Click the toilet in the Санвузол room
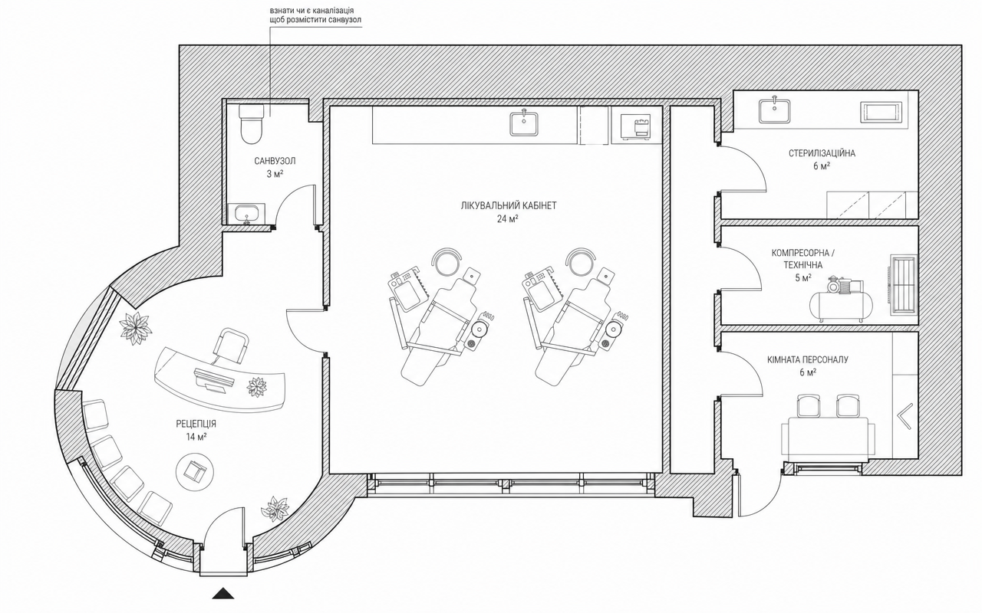[251, 123]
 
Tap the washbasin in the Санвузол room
[248, 213]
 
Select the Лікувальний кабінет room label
[509, 206]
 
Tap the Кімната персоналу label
[808, 360]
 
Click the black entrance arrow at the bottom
[223, 593]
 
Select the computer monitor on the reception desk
[213, 379]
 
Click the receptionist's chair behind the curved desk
[230, 346]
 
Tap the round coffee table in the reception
[195, 471]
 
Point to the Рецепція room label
[196, 424]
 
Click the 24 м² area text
[508, 219]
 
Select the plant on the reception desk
[256, 387]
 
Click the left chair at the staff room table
[809, 405]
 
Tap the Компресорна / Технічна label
[803, 259]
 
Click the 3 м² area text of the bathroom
[275, 174]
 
